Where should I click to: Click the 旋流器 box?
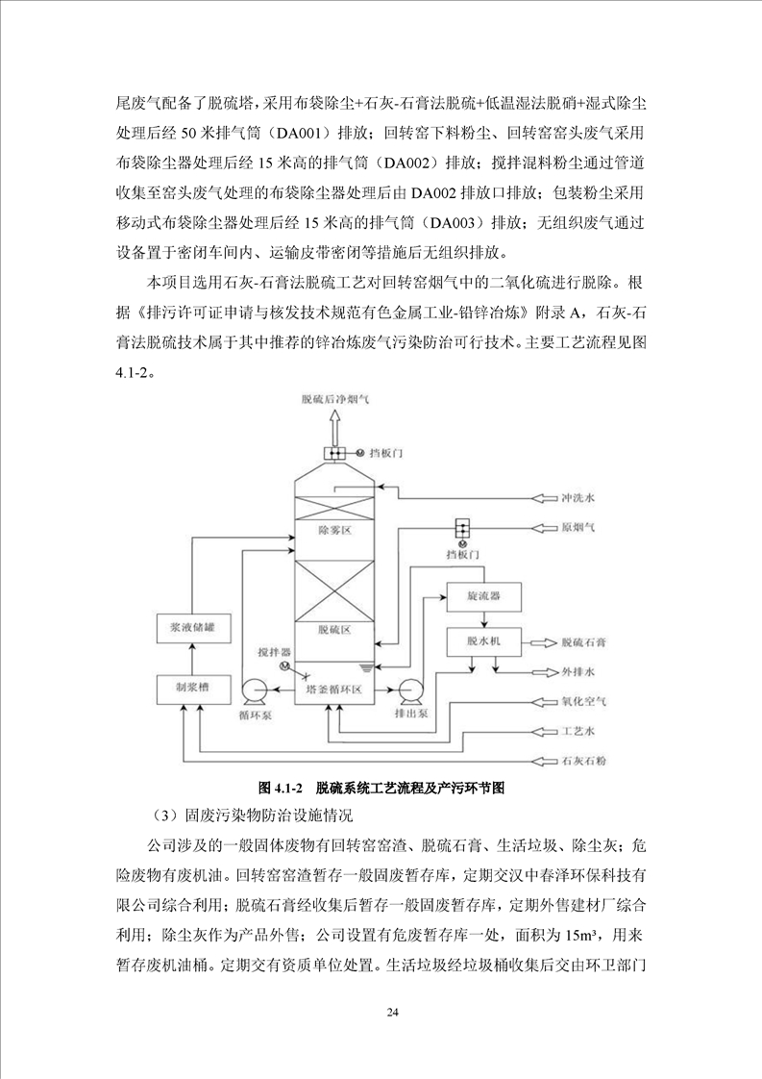[x=481, y=596]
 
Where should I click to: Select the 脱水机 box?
[x=481, y=640]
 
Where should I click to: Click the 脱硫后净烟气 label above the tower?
[x=335, y=397]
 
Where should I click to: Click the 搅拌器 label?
[x=273, y=652]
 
